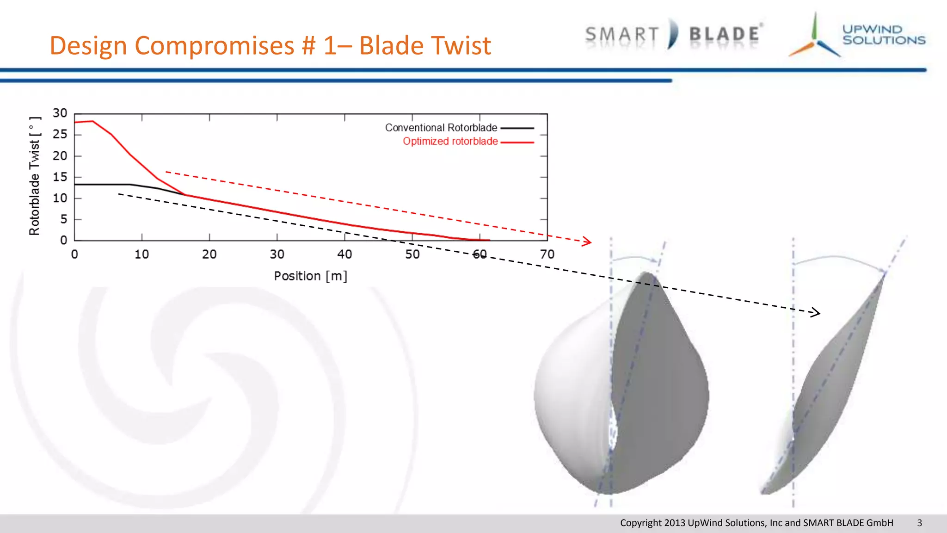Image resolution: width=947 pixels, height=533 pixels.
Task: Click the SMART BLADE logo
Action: [674, 35]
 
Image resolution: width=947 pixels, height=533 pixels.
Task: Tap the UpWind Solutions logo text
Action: [883, 35]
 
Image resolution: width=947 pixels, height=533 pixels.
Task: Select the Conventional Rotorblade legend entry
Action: [441, 128]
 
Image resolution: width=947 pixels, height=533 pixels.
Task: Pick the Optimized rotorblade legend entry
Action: [450, 142]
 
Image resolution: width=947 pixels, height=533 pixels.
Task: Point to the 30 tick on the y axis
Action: [60, 113]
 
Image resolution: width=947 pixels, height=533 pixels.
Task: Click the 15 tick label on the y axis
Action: [60, 177]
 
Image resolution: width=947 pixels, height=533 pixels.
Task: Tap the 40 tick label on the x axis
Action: [344, 254]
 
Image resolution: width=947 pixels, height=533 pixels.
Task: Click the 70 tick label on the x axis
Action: [547, 254]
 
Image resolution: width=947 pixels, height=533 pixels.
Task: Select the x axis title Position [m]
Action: [310, 276]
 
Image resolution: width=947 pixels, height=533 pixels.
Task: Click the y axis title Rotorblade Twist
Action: [35, 176]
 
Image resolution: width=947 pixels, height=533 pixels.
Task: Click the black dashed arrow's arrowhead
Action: [817, 313]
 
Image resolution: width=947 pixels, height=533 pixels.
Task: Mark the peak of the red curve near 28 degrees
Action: [92, 121]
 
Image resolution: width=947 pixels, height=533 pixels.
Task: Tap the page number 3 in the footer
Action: [919, 523]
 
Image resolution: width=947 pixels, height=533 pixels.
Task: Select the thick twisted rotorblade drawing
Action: [622, 384]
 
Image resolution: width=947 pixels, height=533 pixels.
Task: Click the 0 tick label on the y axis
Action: [63, 241]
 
